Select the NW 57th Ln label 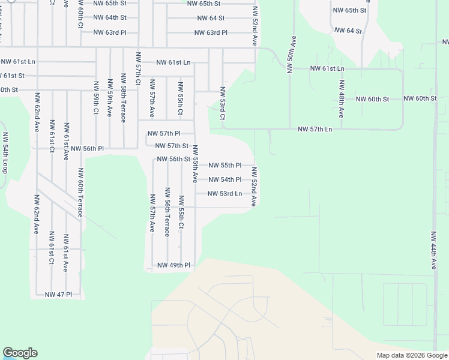[315, 130]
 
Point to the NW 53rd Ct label [222, 103]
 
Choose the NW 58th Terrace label [124, 98]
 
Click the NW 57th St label [172, 146]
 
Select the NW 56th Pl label [87, 148]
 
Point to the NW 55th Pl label [224, 165]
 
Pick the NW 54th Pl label [224, 179]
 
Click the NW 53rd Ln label [224, 194]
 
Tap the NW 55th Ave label [194, 167]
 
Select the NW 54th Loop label [5, 153]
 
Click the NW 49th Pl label [173, 265]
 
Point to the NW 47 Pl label [58, 295]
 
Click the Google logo [20, 353]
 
